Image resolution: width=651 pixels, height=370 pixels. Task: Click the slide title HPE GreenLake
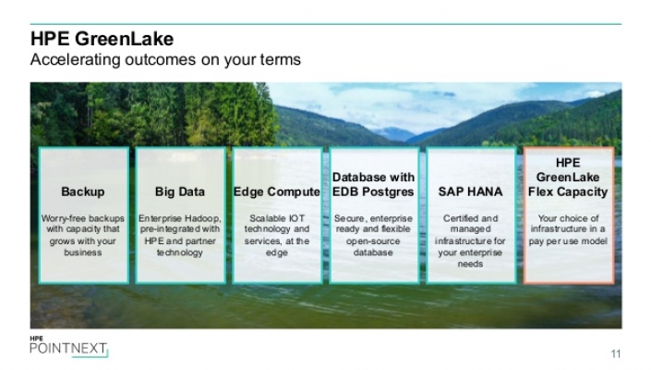point(102,39)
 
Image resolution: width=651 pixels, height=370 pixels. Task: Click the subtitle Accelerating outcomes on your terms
point(165,60)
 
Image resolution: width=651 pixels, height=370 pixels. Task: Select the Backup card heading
point(82,191)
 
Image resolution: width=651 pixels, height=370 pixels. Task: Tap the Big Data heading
point(180,191)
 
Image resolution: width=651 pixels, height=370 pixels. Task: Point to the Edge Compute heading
point(277,191)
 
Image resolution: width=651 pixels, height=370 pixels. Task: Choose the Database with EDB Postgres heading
point(373,185)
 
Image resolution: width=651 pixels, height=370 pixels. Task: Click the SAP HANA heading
point(470,191)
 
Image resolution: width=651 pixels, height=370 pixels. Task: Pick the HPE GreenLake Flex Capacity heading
point(568,177)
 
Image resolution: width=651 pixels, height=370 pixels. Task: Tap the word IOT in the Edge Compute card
point(296,218)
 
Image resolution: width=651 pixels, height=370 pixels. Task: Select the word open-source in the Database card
point(373,241)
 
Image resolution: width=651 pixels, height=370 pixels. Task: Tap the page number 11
point(616,353)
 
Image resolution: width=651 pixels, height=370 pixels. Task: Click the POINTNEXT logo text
point(68,349)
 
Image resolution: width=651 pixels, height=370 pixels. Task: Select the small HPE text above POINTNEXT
point(36,339)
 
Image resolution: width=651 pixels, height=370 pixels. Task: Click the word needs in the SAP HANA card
point(470,264)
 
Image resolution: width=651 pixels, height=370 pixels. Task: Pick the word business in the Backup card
point(82,253)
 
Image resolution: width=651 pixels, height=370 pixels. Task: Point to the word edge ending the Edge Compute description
point(277,253)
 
